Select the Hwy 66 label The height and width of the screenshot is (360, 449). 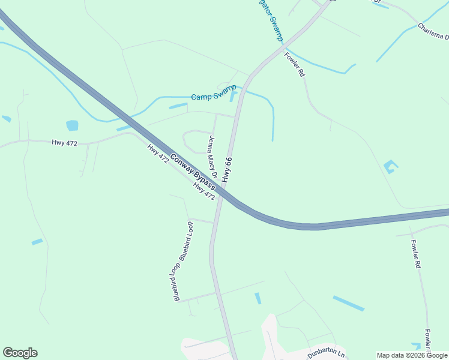[227, 170]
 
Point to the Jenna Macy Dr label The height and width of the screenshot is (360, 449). [211, 157]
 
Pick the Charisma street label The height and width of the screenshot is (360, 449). [433, 31]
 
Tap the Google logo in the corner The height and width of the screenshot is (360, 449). [20, 353]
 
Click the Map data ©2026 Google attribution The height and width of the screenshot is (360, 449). [412, 355]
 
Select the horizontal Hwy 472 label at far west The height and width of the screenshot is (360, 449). [64, 142]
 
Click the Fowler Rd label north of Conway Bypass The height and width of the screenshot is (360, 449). [295, 64]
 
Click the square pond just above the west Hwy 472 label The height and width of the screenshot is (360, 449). [72, 125]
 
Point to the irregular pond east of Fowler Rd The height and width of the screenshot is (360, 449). [391, 166]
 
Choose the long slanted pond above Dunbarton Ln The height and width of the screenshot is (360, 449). [348, 303]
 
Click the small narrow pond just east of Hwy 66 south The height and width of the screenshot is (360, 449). [258, 298]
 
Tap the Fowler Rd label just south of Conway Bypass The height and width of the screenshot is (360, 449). [415, 254]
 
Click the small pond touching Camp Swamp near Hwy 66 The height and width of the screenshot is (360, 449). [233, 96]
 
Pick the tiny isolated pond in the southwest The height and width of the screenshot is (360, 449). [37, 242]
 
